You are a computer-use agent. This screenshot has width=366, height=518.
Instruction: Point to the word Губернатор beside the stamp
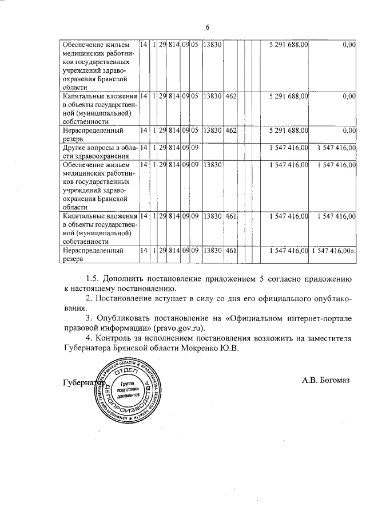[80, 382]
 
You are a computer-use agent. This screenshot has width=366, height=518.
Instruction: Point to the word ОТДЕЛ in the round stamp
[129, 372]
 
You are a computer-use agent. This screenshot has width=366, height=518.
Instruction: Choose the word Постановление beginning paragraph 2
[125, 298]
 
